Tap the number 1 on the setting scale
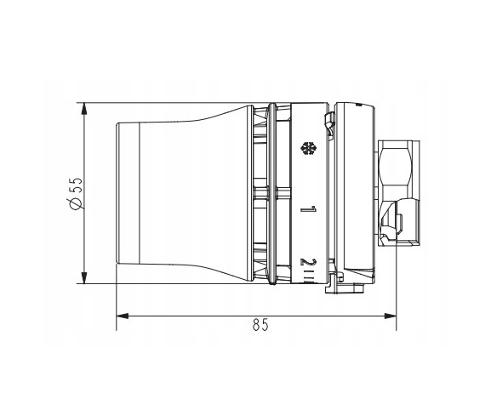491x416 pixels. point(308,213)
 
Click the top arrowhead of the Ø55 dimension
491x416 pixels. point(83,110)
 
